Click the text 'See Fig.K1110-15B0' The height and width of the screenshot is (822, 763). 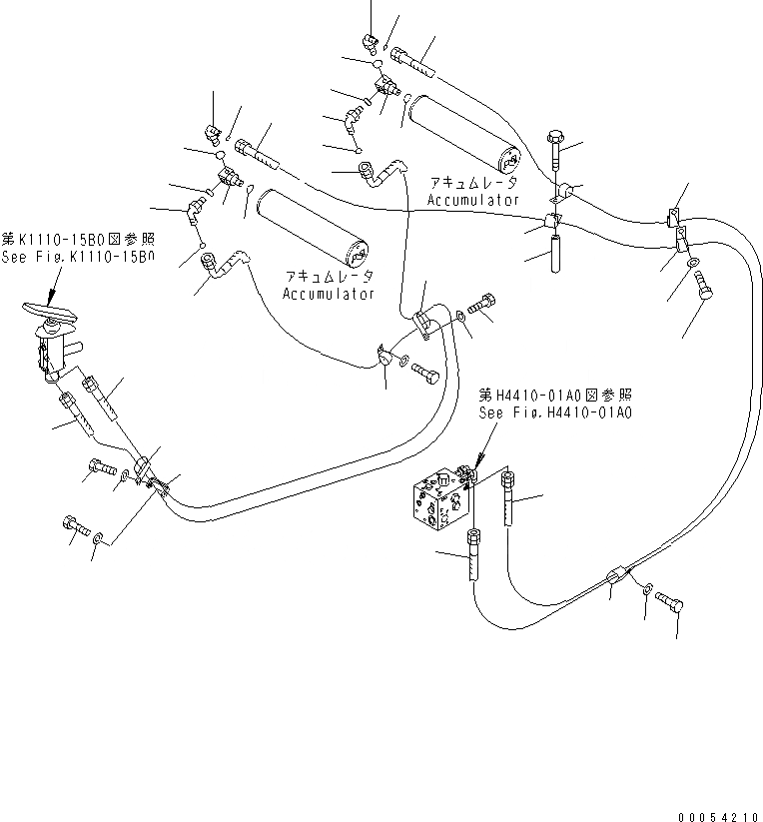click(78, 257)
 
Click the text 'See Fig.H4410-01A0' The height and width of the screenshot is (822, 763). click(557, 411)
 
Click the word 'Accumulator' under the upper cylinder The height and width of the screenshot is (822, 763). click(472, 200)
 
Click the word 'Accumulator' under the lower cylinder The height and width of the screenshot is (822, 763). click(329, 294)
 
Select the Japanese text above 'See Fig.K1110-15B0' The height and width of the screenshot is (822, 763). click(78, 240)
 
